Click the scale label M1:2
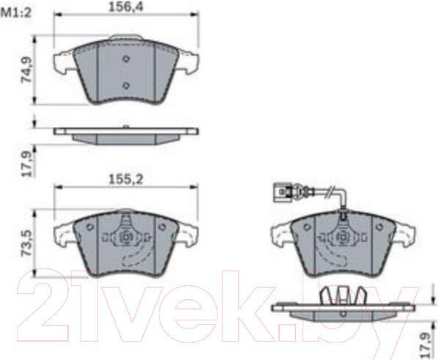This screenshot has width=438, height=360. (16, 13)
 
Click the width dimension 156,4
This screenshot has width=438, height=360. (125, 7)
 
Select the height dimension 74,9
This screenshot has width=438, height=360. (27, 70)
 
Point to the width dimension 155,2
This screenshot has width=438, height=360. (125, 180)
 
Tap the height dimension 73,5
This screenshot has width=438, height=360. (27, 243)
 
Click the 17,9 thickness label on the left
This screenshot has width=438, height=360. (27, 164)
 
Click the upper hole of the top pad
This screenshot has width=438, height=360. (126, 59)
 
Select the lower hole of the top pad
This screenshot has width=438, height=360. (126, 85)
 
